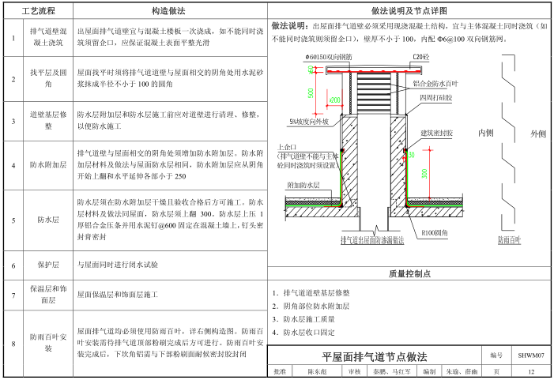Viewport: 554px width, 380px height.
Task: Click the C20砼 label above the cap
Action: [420, 57]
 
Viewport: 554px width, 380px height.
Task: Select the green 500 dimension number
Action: [311, 92]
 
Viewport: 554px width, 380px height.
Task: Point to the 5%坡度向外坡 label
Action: [309, 122]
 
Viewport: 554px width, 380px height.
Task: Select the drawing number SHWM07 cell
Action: [530, 356]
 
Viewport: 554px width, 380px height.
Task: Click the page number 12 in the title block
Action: [530, 371]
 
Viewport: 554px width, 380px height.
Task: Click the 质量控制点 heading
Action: [409, 274]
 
